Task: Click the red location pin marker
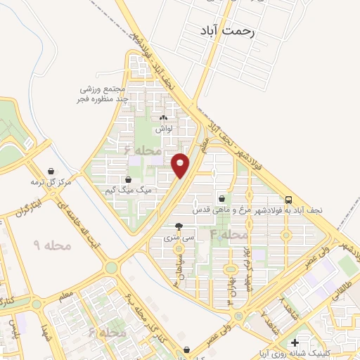(x=181, y=165)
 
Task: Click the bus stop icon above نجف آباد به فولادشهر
(x=289, y=200)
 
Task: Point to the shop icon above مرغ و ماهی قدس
(x=222, y=198)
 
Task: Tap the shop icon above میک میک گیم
(x=127, y=180)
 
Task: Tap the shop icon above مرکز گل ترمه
(x=51, y=171)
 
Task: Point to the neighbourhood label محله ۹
(x=53, y=245)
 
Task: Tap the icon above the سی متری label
(x=179, y=226)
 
